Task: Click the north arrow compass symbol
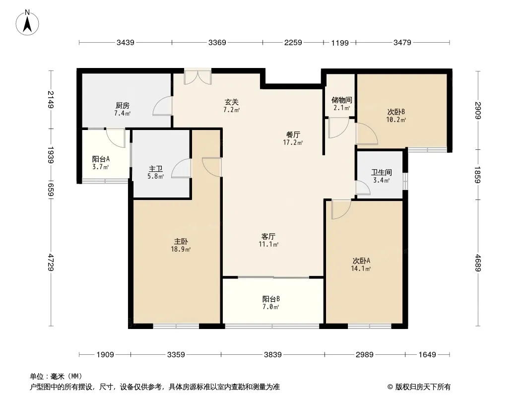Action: click(x=27, y=23)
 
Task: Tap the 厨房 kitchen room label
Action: click(x=122, y=106)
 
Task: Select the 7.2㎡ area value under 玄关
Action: click(x=231, y=110)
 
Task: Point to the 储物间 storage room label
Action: click(x=342, y=100)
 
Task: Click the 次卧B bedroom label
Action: click(x=396, y=112)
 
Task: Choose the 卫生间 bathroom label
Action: click(x=382, y=172)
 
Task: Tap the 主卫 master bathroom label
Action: click(x=155, y=169)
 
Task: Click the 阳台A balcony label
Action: click(x=101, y=159)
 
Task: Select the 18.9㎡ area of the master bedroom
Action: click(x=181, y=250)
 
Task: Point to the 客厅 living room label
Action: click(x=268, y=236)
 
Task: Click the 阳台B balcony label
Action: click(x=271, y=299)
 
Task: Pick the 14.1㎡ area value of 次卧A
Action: click(x=361, y=269)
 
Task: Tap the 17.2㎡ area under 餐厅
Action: click(x=293, y=143)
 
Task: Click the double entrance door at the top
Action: click(x=198, y=77)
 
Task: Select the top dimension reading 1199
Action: click(x=340, y=43)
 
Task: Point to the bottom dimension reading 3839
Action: click(x=272, y=354)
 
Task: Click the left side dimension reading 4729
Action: click(x=51, y=263)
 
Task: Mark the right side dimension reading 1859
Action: click(x=478, y=175)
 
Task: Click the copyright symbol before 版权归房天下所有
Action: click(x=390, y=387)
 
